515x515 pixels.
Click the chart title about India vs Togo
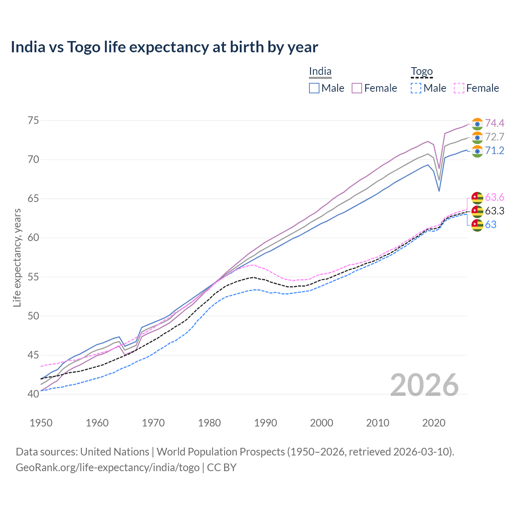coord(164,47)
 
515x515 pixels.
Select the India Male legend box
coord(314,88)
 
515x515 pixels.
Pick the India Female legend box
coord(357,88)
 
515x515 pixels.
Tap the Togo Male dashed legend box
coord(416,88)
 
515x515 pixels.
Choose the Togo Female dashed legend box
coord(459,88)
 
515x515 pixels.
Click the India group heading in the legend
coord(320,72)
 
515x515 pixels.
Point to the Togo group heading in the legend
coord(422,72)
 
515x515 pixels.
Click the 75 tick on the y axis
coord(33,121)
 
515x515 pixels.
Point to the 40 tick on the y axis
coord(33,394)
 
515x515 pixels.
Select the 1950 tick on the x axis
coord(41,423)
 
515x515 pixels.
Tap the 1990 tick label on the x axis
coord(266,423)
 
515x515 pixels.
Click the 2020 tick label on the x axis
coord(434,423)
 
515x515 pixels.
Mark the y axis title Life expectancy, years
coord(17,257)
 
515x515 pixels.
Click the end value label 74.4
coord(494,123)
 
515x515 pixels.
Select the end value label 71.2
coord(494,150)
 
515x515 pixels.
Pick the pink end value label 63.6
coord(494,197)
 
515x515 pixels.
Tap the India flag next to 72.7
coord(477,137)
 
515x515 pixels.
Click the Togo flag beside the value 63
coord(477,225)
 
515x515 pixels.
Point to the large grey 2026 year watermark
coord(424,385)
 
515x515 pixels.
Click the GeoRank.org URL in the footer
coord(107,468)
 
